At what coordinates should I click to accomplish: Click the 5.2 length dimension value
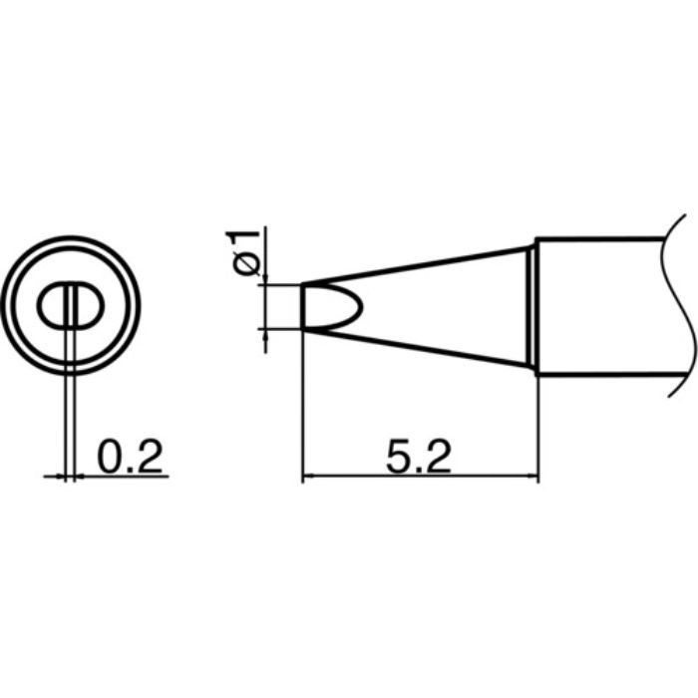(x=419, y=457)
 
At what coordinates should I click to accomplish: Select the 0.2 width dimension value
(x=130, y=457)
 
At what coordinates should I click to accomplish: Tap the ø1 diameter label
(x=244, y=253)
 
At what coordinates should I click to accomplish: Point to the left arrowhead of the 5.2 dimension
(x=308, y=477)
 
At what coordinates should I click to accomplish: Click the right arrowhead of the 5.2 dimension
(x=533, y=477)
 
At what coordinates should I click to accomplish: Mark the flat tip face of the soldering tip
(x=303, y=307)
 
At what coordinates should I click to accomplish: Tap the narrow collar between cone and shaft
(x=532, y=307)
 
